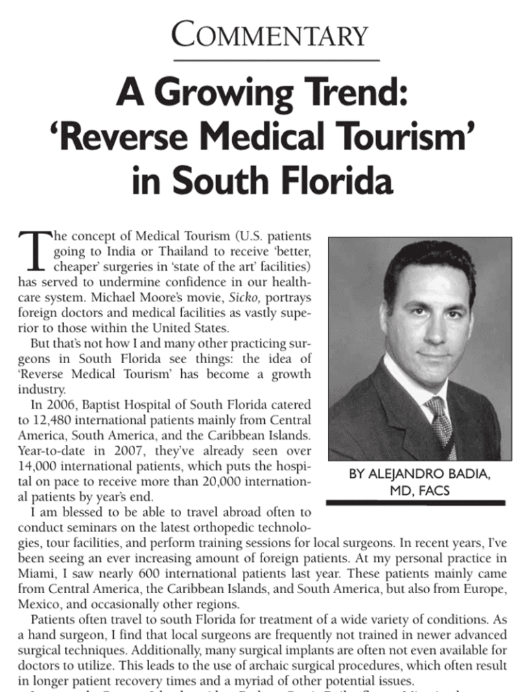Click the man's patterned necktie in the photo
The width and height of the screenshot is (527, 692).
pos(441,423)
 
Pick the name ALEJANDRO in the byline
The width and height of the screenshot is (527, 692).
pos(401,474)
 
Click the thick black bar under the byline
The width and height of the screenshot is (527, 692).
pos(415,503)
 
